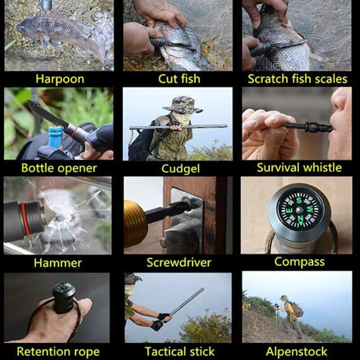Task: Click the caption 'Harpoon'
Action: [59, 79]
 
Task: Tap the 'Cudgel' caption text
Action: [181, 169]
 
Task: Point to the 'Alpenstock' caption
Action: [297, 351]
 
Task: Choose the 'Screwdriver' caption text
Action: [178, 262]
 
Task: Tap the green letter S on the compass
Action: [299, 200]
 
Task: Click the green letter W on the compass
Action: [310, 209]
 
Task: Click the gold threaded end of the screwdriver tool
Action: [134, 224]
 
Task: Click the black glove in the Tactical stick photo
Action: [157, 325]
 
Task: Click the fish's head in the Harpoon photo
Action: [25, 28]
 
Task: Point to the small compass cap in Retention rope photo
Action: [63, 297]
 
